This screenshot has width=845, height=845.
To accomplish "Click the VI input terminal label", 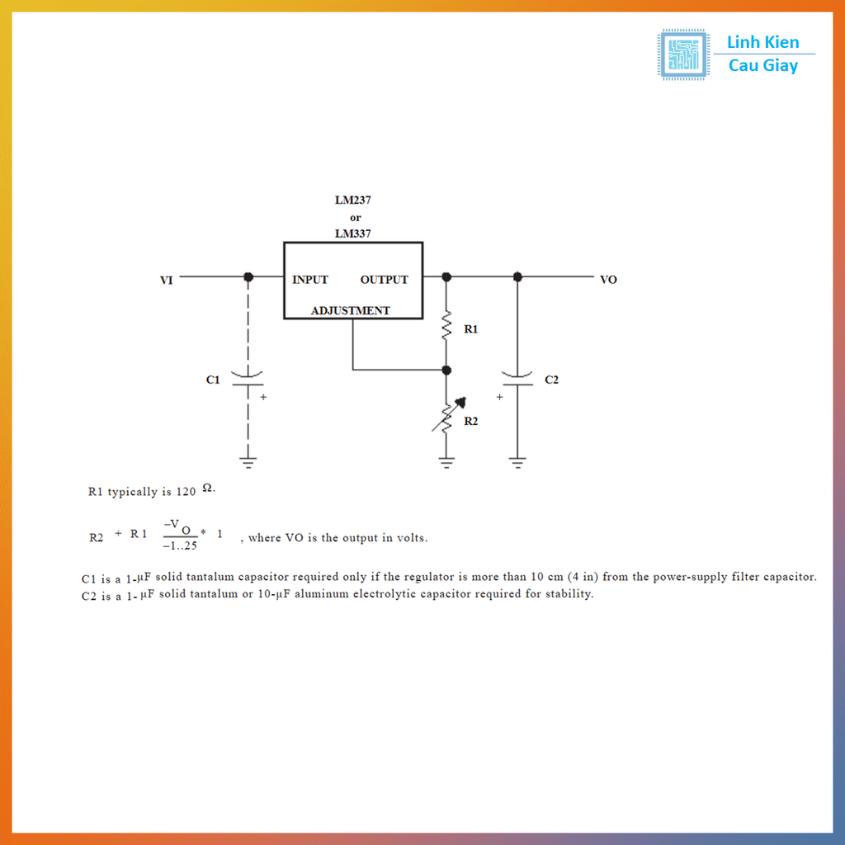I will pyautogui.click(x=166, y=281).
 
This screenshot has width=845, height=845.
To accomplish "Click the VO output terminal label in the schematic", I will pyautogui.click(x=608, y=280).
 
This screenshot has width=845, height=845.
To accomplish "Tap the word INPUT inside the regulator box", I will pyautogui.click(x=310, y=280).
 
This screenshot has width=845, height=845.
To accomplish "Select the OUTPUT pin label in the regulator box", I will pyautogui.click(x=384, y=280).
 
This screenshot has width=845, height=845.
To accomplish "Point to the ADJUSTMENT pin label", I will pyautogui.click(x=350, y=311).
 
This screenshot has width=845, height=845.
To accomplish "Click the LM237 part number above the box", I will pyautogui.click(x=352, y=201).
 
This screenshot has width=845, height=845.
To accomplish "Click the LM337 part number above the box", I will pyautogui.click(x=352, y=234).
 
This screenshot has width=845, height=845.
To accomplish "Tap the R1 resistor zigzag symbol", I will pyautogui.click(x=446, y=326).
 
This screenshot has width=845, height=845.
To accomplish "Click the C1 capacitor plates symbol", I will pyautogui.click(x=248, y=379).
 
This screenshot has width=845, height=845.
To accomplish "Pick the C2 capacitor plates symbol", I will pyautogui.click(x=517, y=378).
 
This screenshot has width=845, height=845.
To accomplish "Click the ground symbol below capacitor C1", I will pyautogui.click(x=248, y=462).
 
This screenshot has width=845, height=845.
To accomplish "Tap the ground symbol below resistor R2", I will pyautogui.click(x=446, y=462).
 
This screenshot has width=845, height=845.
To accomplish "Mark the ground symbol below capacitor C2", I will pyautogui.click(x=517, y=462).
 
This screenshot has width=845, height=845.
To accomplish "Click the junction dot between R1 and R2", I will pyautogui.click(x=446, y=370).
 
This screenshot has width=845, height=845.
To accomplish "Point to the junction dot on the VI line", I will pyautogui.click(x=248, y=277).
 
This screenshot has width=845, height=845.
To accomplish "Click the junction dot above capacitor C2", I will pyautogui.click(x=517, y=277).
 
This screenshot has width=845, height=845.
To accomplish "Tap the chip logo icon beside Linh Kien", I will pyautogui.click(x=682, y=54).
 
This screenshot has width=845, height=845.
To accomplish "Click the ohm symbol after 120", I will pyautogui.click(x=208, y=488).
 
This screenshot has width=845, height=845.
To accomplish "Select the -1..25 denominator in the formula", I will pyautogui.click(x=180, y=545).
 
